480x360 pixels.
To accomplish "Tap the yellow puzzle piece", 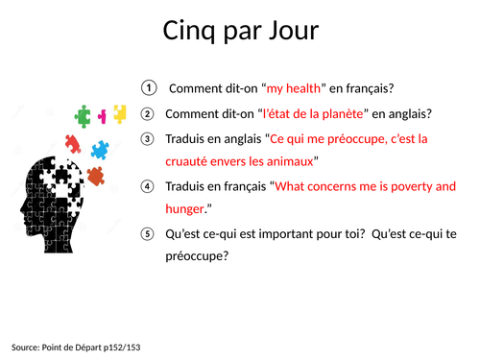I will (119, 113).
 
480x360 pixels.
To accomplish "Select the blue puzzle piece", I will (99, 149).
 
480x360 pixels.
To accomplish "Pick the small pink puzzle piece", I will (103, 115).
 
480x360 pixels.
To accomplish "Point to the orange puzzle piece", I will (95, 176).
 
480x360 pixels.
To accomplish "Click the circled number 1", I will (147, 88).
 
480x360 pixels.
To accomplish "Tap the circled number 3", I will (147, 138).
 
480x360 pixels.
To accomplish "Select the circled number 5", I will (147, 233).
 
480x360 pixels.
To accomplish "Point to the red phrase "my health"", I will (296, 89).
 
